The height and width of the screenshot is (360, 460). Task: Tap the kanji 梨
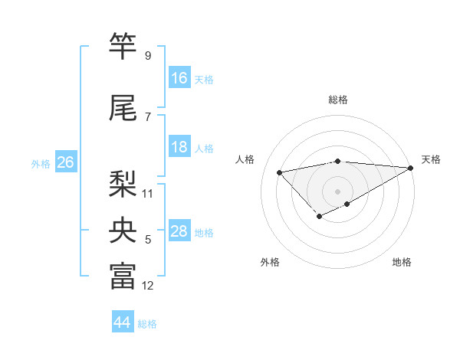[x=123, y=183]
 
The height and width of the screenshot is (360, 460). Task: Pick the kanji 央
[x=123, y=230]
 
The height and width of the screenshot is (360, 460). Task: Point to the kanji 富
[x=123, y=277]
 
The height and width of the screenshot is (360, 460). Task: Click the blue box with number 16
[x=179, y=78]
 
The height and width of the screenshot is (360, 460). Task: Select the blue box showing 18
[x=179, y=147]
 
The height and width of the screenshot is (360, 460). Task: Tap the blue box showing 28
[x=179, y=231]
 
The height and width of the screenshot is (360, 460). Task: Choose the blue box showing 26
[x=65, y=162]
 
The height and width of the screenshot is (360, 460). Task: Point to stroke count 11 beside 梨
[x=148, y=193]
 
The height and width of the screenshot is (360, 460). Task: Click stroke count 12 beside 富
[x=148, y=286]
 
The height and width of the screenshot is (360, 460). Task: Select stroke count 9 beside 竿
[x=147, y=55]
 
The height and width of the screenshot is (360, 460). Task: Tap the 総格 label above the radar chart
[x=337, y=100]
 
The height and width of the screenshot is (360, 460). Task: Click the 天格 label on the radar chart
[x=431, y=159]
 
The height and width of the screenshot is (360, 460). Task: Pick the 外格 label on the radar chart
[x=270, y=262]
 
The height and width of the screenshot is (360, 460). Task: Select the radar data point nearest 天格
[x=412, y=168]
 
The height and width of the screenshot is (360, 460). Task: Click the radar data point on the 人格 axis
[x=279, y=172]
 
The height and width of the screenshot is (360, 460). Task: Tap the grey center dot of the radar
[x=337, y=191]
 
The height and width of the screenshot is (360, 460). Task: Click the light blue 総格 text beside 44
[x=147, y=323]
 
